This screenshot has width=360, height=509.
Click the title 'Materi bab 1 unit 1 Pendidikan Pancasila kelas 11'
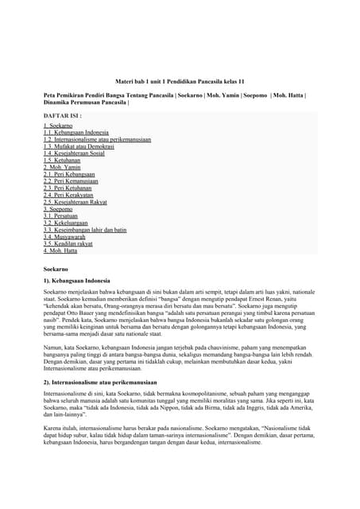(x=180, y=82)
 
